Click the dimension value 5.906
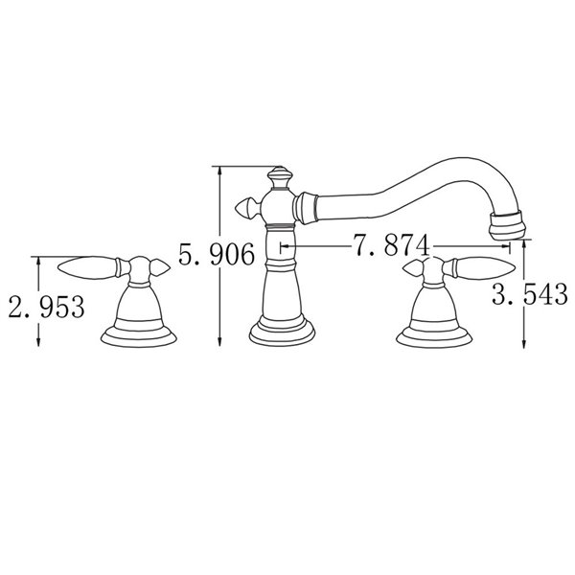point(217,254)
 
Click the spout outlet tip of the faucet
point(507,225)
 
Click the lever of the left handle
point(86,264)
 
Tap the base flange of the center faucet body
point(285,332)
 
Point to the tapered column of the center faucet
point(284,287)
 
